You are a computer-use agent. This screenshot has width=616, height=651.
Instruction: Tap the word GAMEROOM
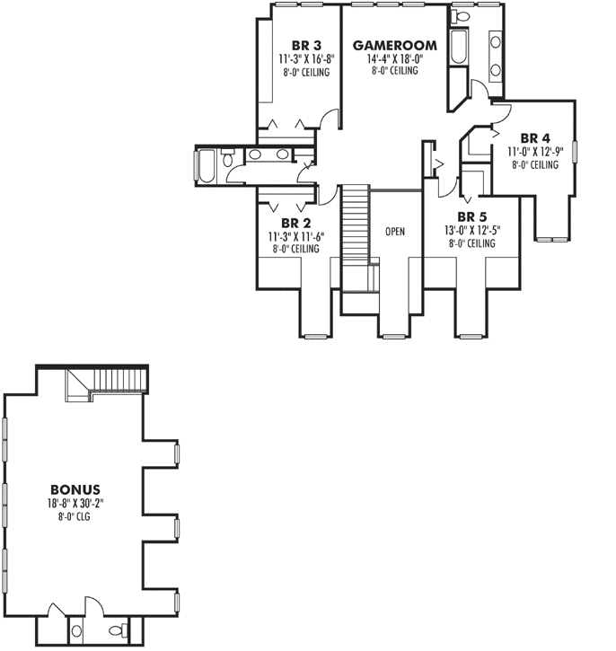394,45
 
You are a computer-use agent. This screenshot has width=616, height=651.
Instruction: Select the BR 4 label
534,137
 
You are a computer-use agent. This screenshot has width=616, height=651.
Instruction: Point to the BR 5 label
472,217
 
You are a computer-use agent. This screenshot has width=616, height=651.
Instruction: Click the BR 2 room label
295,223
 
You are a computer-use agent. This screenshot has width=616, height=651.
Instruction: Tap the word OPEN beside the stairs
394,232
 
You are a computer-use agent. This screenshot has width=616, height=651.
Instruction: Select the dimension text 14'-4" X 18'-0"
394,58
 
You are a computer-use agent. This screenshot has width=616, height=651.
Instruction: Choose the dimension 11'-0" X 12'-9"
534,152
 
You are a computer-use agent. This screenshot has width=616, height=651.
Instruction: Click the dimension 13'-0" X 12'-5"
472,231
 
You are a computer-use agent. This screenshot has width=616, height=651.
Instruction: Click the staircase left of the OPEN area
355,233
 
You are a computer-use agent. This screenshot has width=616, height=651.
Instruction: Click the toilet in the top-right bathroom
458,16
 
